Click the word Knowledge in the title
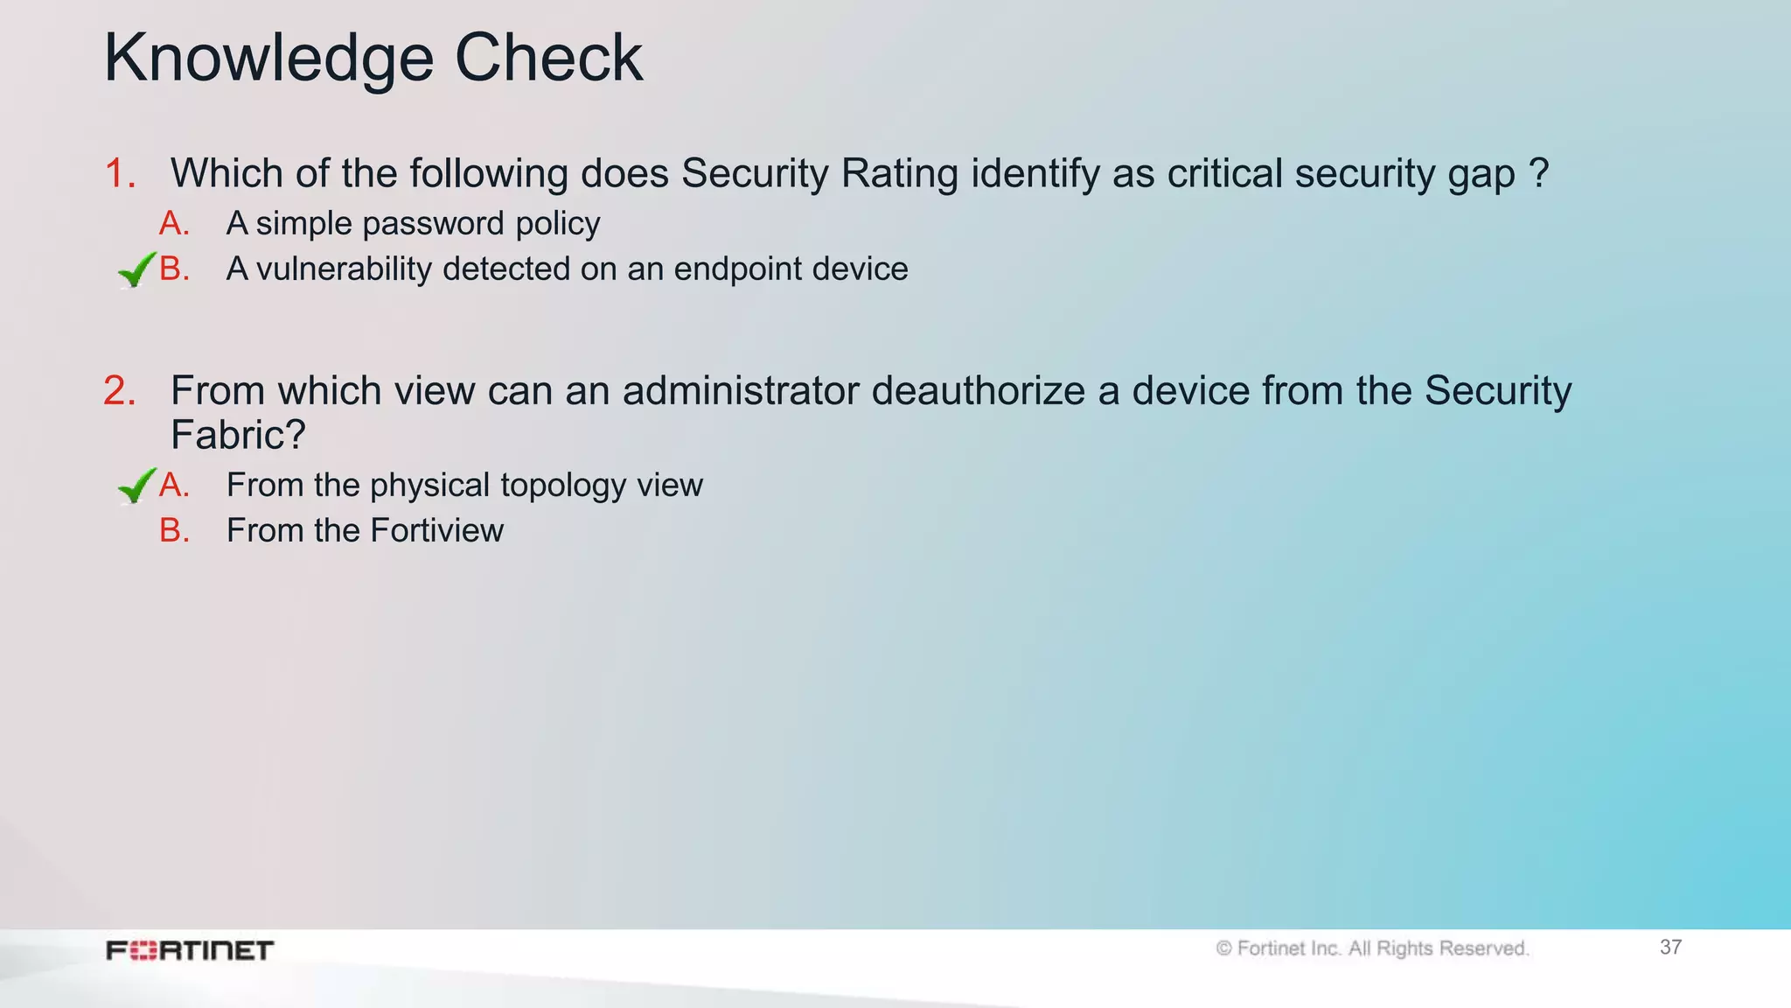[x=268, y=59]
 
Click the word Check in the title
[x=548, y=58]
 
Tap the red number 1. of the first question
[x=120, y=173]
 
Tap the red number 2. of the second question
[x=120, y=390]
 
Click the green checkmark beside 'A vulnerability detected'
[x=136, y=269]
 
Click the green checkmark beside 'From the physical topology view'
[x=136, y=486]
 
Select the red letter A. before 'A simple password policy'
[x=174, y=224]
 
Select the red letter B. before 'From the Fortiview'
[x=174, y=530]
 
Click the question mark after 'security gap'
[x=1539, y=173]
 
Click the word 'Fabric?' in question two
[x=238, y=435]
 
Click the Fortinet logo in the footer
[x=190, y=950]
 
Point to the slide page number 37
[x=1670, y=947]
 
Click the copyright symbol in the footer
[x=1223, y=948]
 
